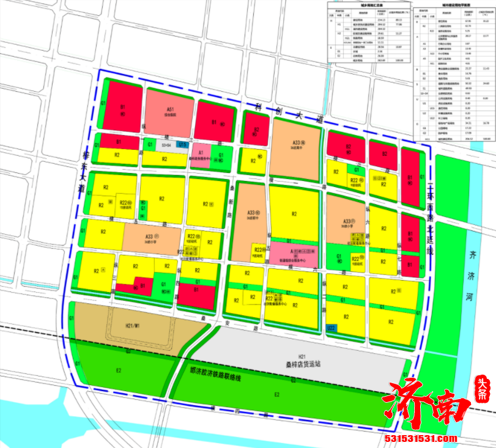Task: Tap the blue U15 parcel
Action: point(182,144)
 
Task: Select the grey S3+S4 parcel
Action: point(166,145)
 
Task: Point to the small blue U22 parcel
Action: point(331,328)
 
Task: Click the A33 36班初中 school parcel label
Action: point(251,213)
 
